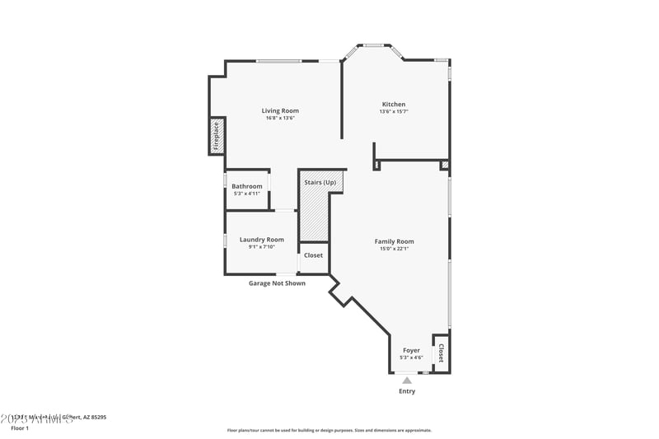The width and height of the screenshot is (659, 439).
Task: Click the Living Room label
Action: [280, 110]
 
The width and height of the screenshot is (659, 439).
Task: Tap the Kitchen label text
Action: [394, 104]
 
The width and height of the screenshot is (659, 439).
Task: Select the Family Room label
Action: [394, 241]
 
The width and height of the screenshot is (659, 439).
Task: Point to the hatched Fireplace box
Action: [217, 136]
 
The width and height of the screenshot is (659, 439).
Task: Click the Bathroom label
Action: [246, 186]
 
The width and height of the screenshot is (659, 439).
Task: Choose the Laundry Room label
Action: [262, 240]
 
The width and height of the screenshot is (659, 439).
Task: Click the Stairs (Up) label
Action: [320, 181]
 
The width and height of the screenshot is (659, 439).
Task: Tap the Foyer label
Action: [411, 350]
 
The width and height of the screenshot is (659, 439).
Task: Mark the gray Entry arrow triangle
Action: [407, 380]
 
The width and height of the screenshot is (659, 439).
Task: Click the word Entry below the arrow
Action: [407, 391]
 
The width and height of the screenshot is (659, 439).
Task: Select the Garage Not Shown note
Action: [277, 283]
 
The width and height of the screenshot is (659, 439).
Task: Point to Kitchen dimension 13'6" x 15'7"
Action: [394, 111]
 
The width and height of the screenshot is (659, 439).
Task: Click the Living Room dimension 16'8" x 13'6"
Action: [280, 118]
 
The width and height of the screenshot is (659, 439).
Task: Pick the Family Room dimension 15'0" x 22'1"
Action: [394, 249]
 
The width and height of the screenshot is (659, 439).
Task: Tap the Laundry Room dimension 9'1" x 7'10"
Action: [262, 247]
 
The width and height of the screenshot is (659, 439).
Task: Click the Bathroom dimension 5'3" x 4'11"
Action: [246, 194]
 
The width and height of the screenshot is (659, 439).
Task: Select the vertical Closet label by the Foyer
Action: [441, 353]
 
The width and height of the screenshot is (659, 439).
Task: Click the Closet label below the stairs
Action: [313, 255]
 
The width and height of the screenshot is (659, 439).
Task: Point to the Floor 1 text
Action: [20, 428]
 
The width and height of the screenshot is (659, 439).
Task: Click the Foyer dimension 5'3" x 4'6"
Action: [411, 357]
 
